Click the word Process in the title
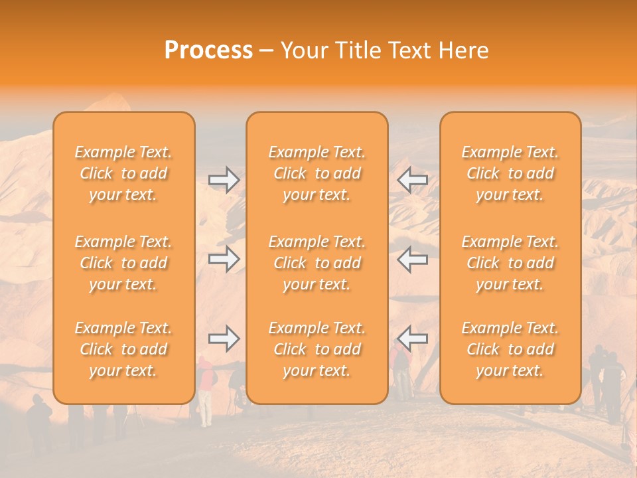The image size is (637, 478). pyautogui.click(x=208, y=50)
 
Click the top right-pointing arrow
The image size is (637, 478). pyautogui.click(x=224, y=180)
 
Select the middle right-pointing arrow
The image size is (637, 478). pyautogui.click(x=224, y=259)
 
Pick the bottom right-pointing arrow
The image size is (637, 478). pyautogui.click(x=224, y=339)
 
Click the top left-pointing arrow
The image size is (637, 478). pyautogui.click(x=413, y=180)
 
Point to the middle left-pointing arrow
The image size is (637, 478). pyautogui.click(x=413, y=259)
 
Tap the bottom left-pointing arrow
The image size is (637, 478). pyautogui.click(x=413, y=339)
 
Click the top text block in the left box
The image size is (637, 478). pyautogui.click(x=123, y=173)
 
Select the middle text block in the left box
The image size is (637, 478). pyautogui.click(x=123, y=263)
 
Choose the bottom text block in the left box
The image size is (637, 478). pyautogui.click(x=123, y=349)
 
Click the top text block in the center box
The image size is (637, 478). pyautogui.click(x=317, y=173)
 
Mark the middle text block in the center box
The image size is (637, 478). pyautogui.click(x=317, y=263)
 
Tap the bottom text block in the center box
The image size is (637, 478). pyautogui.click(x=317, y=349)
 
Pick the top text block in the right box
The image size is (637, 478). pyautogui.click(x=510, y=173)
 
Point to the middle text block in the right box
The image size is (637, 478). pyautogui.click(x=510, y=263)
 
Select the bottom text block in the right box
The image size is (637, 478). pyautogui.click(x=510, y=349)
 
